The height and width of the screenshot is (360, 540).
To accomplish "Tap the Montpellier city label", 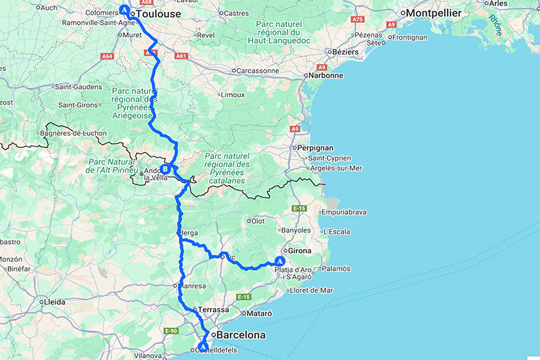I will pos(433,13).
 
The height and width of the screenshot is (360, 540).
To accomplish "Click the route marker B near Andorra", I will pos(164,170).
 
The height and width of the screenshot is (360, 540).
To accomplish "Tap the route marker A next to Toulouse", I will pos(124,9).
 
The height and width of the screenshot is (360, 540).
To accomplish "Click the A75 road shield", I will pos(358,20).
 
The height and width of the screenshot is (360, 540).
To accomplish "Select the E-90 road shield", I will pos(170,330).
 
